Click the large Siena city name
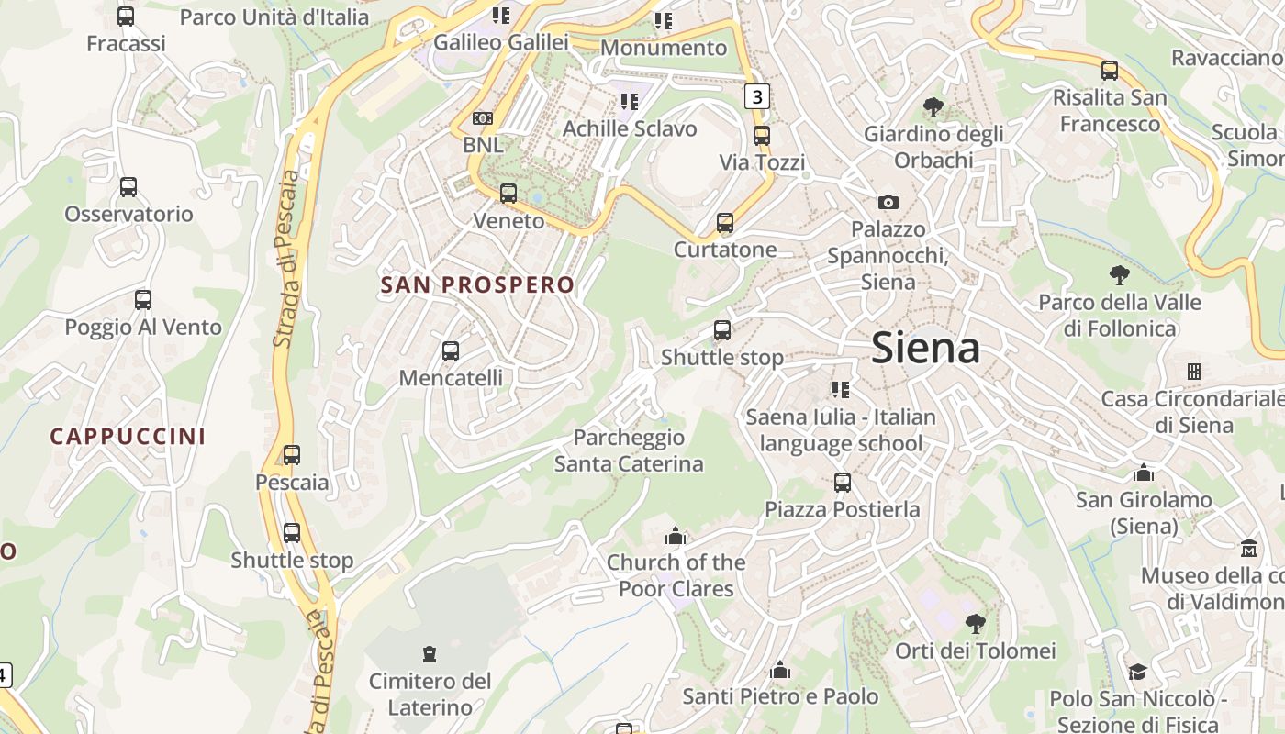coord(925,349)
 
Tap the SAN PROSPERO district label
coord(477,285)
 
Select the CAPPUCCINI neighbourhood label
coord(128,437)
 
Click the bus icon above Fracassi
coord(126,17)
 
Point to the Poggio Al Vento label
coord(143,328)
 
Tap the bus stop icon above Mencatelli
coord(450,350)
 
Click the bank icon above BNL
coord(482,118)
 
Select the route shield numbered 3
coord(755,95)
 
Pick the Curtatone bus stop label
coord(725,250)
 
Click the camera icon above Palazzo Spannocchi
coord(888,202)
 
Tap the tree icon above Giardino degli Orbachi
coord(933,107)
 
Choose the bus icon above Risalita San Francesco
coord(1110,70)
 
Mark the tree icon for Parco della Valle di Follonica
coord(1119,274)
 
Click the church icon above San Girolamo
coord(1144,473)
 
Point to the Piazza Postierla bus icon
coord(842,482)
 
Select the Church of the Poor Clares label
coord(676,575)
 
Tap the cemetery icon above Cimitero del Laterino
coord(429,654)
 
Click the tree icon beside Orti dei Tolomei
coord(975,624)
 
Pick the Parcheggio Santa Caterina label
coord(629,450)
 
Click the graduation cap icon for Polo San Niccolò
coord(1137,672)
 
